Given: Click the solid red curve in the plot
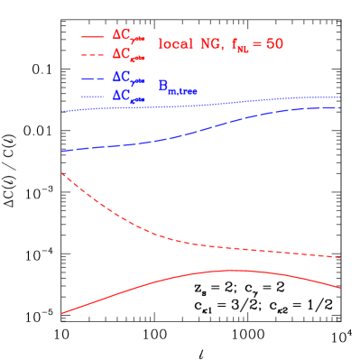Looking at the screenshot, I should pos(226,270).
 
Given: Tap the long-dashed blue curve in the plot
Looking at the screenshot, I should pos(180,136).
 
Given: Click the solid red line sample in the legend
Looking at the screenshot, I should pos(93,36).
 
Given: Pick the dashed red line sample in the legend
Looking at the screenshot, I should pos(93,54).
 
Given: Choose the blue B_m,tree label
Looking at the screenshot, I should pos(178,88).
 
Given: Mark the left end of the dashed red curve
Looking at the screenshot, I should pos(61,173).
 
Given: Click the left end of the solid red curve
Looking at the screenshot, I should pos(61,313).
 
